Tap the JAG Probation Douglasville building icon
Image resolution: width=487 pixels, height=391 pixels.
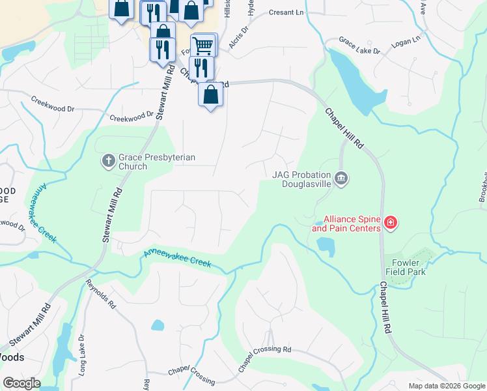tap(341, 178)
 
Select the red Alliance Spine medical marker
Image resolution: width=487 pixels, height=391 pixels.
tap(390, 224)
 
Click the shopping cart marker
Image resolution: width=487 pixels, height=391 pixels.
tap(203, 46)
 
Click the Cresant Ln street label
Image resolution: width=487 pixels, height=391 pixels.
tap(286, 12)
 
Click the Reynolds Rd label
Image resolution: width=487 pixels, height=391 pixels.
tap(100, 293)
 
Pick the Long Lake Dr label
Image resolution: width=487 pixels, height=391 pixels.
tap(81, 356)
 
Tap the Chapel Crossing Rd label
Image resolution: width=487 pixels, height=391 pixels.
tap(264, 358)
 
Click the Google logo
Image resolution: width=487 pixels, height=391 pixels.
tap(21, 383)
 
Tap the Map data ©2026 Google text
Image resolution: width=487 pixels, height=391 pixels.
tap(446, 386)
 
